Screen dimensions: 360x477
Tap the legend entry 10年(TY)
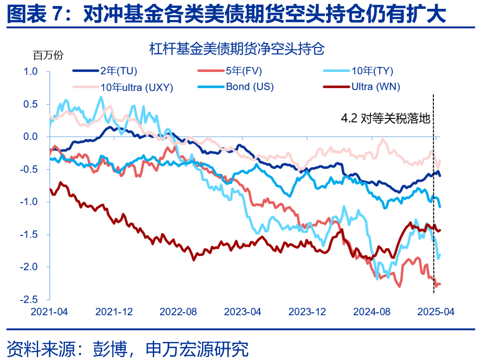pyautogui.click(x=372, y=71)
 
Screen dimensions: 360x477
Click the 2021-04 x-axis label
pyautogui.click(x=49, y=312)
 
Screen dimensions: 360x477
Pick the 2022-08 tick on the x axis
pyautogui.click(x=178, y=312)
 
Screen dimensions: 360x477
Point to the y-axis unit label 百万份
pyautogui.click(x=47, y=55)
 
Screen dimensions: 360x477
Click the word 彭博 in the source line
pyautogui.click(x=106, y=348)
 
